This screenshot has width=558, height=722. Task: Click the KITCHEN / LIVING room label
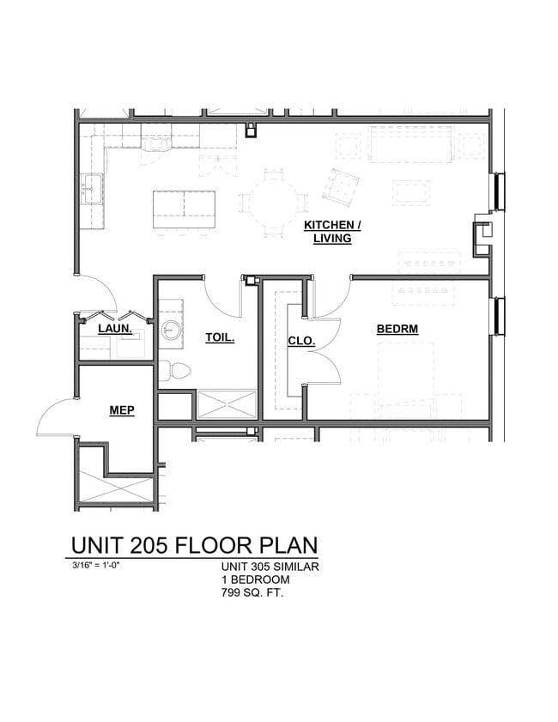[332, 232]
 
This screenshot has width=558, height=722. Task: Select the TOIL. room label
[220, 337]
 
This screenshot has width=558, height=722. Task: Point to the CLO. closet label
[300, 341]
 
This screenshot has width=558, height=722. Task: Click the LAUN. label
[113, 329]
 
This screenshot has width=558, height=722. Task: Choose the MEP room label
[121, 410]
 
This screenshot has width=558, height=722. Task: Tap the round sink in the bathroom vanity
[172, 330]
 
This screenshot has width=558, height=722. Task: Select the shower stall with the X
[227, 404]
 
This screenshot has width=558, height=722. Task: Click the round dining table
[274, 203]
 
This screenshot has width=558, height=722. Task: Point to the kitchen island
[184, 209]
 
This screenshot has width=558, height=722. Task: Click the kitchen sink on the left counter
[92, 188]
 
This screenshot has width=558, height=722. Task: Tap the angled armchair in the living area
[341, 186]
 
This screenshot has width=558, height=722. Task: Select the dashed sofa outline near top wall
[411, 143]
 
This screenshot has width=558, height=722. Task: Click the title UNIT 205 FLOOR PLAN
[194, 545]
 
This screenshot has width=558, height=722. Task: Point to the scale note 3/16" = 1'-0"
[102, 566]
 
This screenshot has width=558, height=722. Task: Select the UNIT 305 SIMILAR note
[270, 567]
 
